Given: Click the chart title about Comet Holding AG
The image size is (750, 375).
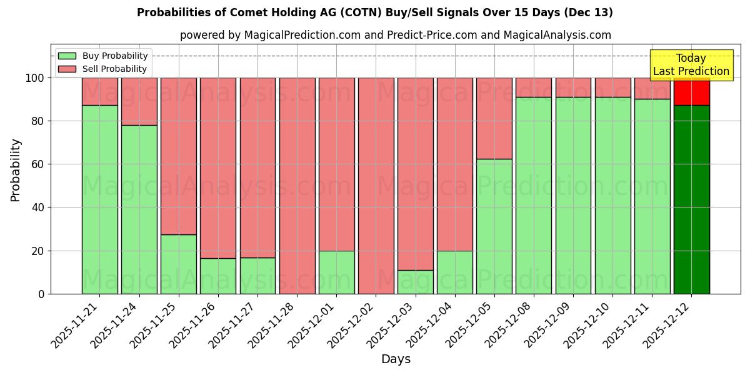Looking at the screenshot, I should point(374,12).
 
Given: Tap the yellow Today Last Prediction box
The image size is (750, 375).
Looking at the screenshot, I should point(691,65).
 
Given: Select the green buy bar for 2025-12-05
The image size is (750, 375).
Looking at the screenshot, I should point(494,226).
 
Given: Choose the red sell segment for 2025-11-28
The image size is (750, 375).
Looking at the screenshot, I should point(297,185).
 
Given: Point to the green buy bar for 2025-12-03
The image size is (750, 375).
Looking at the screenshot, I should point(415,282).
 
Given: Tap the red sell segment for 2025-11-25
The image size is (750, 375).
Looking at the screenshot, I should point(179,156).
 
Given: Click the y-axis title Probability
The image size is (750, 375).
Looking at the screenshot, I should point(16,170).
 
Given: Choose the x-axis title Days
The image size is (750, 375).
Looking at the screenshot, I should point(396,359).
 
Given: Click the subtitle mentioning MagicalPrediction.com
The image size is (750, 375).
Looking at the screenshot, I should point(395,35).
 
